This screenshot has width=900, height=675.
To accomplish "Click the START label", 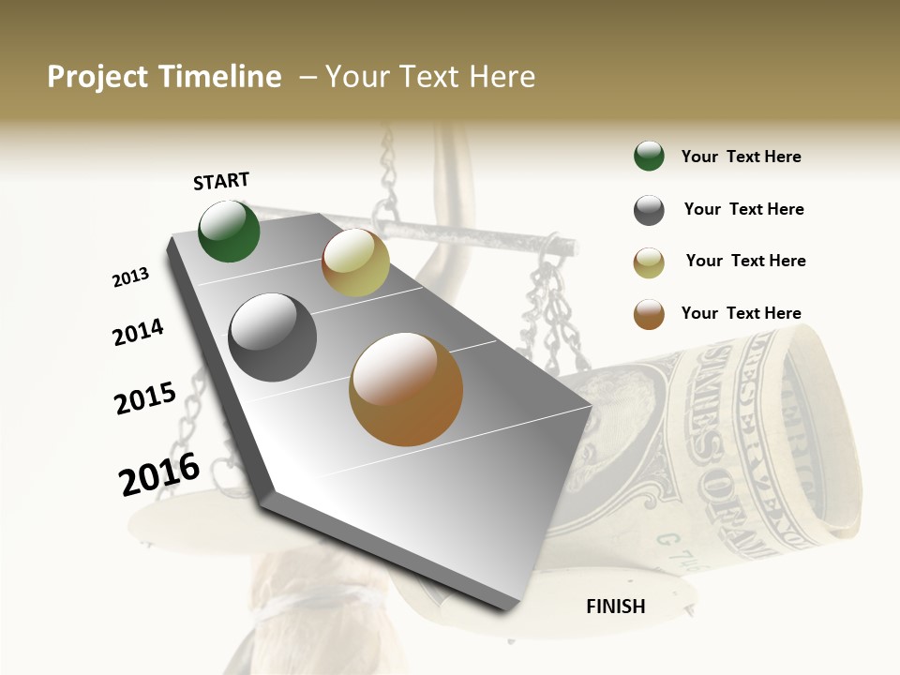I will click(221, 181).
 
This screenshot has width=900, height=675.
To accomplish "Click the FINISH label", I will click(615, 607).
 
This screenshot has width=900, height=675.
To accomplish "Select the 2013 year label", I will click(130, 277).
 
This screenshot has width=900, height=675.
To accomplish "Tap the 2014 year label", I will click(138, 332).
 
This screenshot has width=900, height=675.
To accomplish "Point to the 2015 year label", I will click(145, 398).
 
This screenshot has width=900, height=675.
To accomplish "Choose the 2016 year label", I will click(159, 473).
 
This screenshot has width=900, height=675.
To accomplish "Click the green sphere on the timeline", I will click(230, 232).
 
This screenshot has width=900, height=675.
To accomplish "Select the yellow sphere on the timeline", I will click(355, 262).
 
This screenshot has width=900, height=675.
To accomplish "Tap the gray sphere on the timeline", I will click(272, 337).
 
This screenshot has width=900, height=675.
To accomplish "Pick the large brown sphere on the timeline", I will click(406, 389).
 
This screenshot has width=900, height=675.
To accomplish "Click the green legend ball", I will click(649, 157).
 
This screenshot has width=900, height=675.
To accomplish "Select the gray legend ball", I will click(649, 210).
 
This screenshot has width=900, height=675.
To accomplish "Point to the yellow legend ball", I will click(649, 262).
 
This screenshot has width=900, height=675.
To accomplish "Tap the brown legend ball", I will click(649, 314).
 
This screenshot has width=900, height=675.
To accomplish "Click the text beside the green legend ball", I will click(741, 157).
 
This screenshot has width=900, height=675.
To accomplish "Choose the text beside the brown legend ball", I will click(741, 313).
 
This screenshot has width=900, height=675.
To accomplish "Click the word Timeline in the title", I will click(219, 77).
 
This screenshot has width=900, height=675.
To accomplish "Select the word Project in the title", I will click(97, 77).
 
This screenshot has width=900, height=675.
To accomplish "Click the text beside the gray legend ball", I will click(743, 209).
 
